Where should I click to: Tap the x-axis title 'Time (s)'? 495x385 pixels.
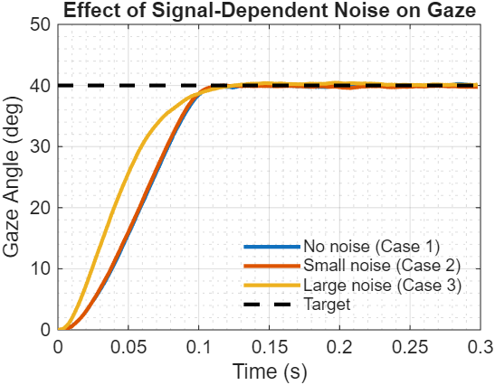point(268,371)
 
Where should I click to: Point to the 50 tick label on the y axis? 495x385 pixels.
point(39,24)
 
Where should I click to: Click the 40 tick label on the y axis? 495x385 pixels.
point(39,86)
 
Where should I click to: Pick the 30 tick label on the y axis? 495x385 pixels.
point(39,146)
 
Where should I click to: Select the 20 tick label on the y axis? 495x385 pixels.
point(39,208)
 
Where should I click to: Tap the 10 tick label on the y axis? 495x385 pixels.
point(39,268)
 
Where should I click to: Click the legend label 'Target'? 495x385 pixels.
point(327,305)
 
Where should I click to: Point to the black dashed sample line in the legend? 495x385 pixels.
point(271,305)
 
